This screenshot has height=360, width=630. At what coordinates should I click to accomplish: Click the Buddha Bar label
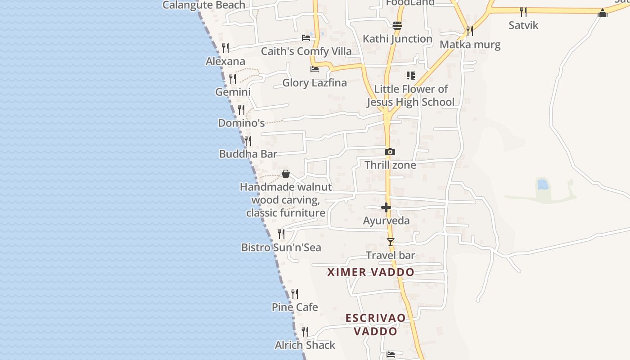[x=248, y=154]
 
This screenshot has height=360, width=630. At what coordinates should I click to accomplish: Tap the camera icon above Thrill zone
[x=390, y=152]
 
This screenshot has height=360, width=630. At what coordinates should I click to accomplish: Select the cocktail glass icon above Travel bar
[x=391, y=242]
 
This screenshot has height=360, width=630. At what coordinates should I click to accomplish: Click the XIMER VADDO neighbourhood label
[x=371, y=272]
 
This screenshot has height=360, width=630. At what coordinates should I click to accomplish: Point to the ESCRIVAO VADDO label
[x=375, y=324]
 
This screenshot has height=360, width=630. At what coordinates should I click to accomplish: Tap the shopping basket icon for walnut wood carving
[x=285, y=174]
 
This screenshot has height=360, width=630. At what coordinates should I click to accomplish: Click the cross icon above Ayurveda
[x=386, y=207]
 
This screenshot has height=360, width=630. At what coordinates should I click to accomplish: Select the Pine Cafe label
[x=295, y=307]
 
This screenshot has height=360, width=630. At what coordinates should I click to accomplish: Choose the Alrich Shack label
[x=305, y=345]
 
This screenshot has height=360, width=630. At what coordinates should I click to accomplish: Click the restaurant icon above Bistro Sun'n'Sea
[x=281, y=234]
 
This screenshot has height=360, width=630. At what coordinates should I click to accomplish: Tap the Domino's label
[x=241, y=123]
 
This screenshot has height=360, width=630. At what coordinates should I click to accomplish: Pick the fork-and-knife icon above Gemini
[x=233, y=79]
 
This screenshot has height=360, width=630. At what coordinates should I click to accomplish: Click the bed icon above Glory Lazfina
[x=315, y=69]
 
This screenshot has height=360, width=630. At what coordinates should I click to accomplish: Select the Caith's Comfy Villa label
[x=306, y=51]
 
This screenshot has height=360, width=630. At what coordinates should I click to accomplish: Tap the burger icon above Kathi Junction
[x=397, y=26]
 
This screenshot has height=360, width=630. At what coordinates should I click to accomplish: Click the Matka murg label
[x=470, y=45]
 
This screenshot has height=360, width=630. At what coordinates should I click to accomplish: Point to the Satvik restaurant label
[x=523, y=25]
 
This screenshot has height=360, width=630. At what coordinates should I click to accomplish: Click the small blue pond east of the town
[x=543, y=184]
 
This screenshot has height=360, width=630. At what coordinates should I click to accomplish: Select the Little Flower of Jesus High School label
[x=411, y=95]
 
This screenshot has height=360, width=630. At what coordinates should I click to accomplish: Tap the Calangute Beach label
[x=204, y=5]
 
